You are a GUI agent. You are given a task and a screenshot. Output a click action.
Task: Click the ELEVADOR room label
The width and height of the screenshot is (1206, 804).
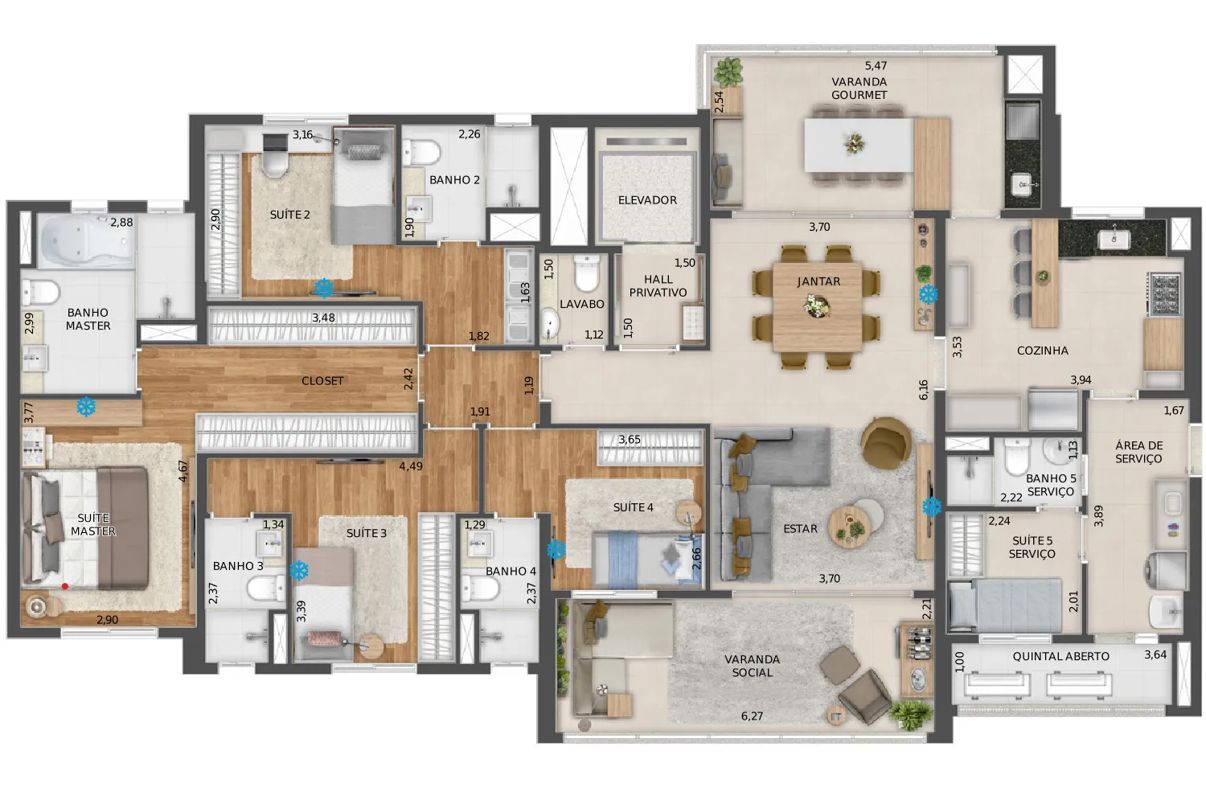[647, 200]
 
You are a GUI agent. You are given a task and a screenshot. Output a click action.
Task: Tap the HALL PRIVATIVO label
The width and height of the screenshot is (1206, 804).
[658, 286]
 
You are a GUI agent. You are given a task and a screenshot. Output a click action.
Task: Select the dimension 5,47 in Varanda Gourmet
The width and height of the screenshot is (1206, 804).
[876, 66]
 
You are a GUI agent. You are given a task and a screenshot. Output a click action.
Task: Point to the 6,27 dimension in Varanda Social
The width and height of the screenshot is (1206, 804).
[752, 716]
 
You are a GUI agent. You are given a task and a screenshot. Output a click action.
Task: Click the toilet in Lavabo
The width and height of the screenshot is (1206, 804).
[586, 273]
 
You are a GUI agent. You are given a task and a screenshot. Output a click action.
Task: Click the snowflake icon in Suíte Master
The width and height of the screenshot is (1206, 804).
[86, 407]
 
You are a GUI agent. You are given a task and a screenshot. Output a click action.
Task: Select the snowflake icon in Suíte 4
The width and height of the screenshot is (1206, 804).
[556, 550]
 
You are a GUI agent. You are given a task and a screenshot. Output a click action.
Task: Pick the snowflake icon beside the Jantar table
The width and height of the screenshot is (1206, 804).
[928, 294]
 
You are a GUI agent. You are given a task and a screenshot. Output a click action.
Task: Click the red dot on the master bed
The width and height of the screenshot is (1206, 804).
[65, 586]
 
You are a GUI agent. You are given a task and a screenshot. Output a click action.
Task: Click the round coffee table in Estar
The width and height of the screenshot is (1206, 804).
[849, 527]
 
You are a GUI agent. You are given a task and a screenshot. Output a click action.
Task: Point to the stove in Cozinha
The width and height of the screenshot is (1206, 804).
[1165, 294]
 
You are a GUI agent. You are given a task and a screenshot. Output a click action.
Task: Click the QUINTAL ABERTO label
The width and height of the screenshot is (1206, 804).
[1060, 656]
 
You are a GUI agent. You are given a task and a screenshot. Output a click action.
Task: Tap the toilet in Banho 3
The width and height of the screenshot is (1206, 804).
[266, 588]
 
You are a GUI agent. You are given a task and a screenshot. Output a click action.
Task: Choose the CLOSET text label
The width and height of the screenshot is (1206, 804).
[322, 381]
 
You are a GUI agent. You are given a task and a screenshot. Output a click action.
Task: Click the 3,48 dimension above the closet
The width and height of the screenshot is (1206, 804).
[323, 318]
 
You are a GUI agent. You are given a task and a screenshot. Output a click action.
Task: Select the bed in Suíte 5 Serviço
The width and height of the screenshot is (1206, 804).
[1005, 605]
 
